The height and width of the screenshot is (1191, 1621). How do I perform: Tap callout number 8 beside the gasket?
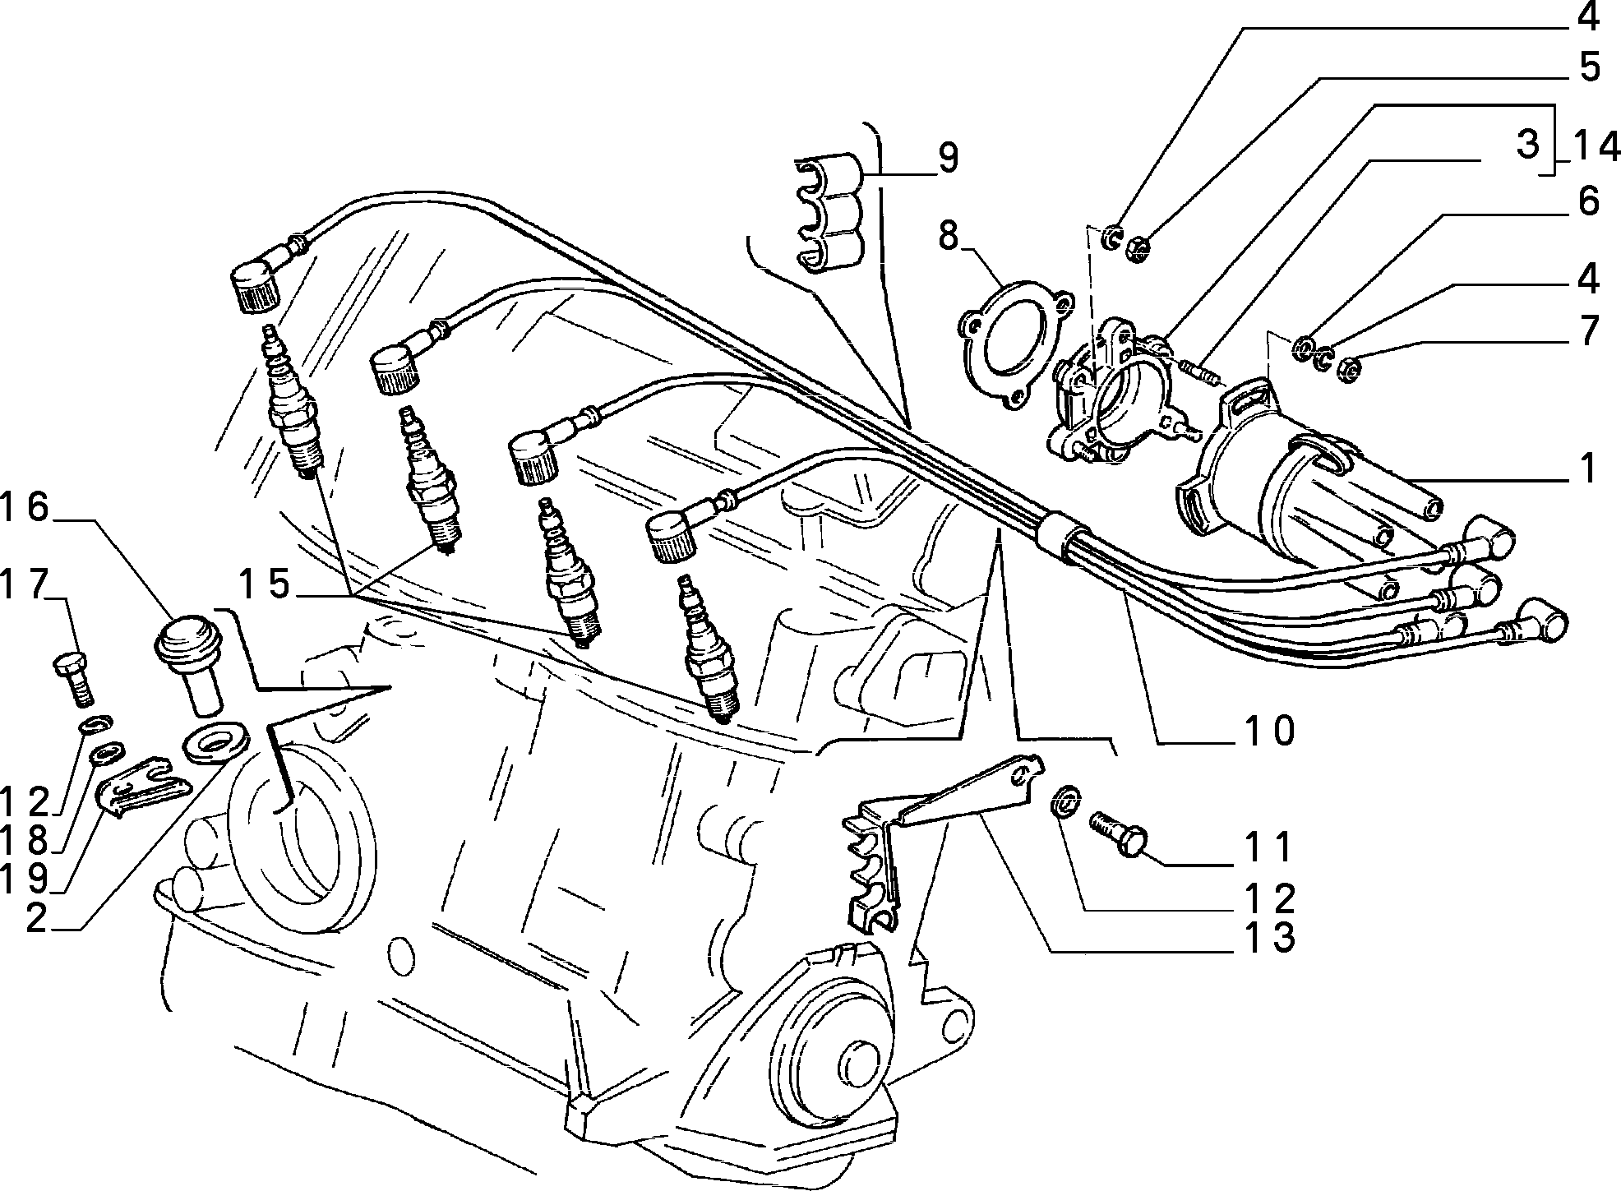[x=948, y=238]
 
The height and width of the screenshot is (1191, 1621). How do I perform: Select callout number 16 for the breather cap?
[x=25, y=509]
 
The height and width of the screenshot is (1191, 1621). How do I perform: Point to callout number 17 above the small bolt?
[x=25, y=586]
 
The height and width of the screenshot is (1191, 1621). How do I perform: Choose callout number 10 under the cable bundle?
[x=1268, y=730]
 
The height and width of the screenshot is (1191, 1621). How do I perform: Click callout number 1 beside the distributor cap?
[x=1588, y=469]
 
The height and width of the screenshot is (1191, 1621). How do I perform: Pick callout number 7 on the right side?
[x=1588, y=331]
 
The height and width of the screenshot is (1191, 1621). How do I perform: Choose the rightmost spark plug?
[x=707, y=649]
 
